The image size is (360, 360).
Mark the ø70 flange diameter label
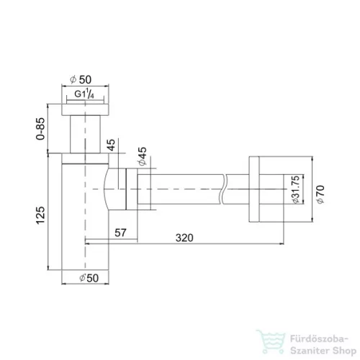point(320,192)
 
